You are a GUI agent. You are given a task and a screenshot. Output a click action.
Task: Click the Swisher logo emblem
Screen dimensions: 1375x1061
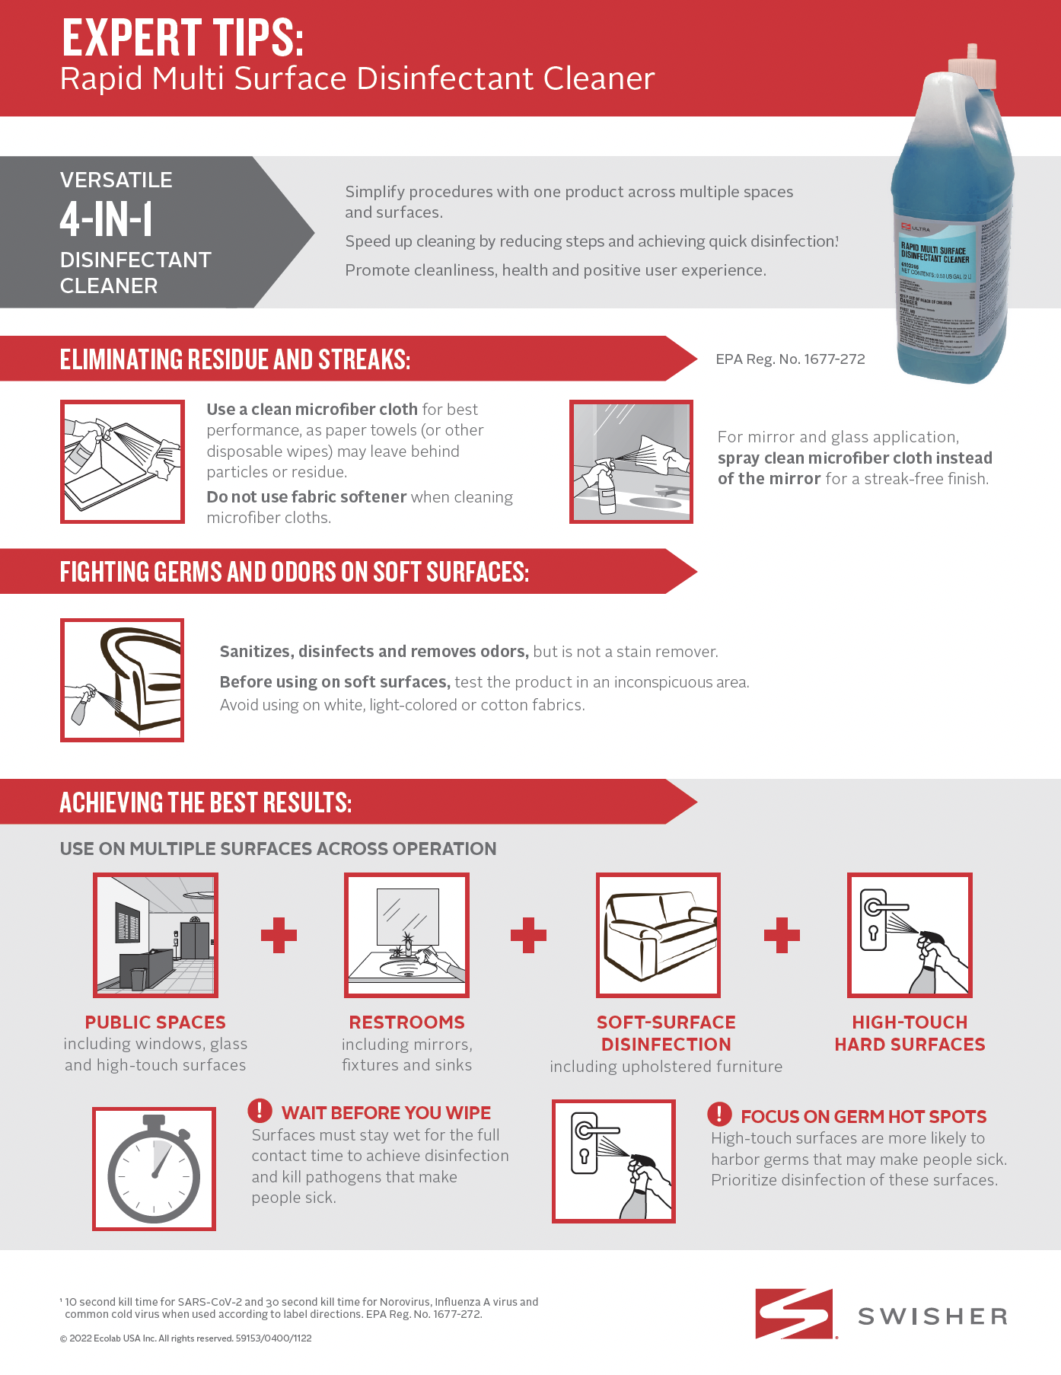(x=795, y=1313)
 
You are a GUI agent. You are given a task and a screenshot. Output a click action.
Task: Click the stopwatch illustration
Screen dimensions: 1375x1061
(x=154, y=1169)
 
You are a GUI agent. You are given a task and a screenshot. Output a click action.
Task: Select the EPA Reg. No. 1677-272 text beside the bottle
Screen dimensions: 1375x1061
(x=790, y=359)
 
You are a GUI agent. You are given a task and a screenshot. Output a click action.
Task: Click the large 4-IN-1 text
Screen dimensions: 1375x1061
(x=107, y=220)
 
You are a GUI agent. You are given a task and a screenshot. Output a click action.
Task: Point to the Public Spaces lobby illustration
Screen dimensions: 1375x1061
(x=155, y=935)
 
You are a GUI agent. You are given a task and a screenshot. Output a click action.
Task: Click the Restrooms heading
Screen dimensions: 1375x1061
(x=406, y=1022)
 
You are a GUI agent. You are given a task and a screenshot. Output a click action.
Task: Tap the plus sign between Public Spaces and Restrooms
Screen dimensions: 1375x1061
(x=279, y=935)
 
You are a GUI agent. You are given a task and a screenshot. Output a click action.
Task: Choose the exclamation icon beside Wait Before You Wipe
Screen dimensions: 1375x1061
(x=260, y=1110)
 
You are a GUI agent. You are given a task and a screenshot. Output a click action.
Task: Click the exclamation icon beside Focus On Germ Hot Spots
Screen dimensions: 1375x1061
(x=719, y=1114)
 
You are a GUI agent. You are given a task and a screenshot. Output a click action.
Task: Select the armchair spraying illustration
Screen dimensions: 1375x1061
(x=123, y=680)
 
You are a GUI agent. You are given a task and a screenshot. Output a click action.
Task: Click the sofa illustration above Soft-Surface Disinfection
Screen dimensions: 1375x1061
(x=658, y=935)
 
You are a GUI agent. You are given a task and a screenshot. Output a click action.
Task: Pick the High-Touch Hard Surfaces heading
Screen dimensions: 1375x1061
(x=910, y=1033)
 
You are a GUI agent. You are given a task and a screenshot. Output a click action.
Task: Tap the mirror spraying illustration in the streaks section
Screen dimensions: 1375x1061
(x=631, y=462)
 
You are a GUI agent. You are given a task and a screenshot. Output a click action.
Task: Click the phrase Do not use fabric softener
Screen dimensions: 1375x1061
(x=307, y=497)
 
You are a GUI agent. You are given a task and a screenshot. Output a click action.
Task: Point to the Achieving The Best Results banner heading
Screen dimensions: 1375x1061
(x=206, y=802)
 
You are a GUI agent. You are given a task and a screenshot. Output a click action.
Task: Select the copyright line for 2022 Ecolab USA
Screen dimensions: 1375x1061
(x=186, y=1338)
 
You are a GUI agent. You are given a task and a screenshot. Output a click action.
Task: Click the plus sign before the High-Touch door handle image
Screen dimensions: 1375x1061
(x=782, y=935)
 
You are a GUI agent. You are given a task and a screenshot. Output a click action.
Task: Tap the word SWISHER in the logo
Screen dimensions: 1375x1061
(x=932, y=1316)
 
